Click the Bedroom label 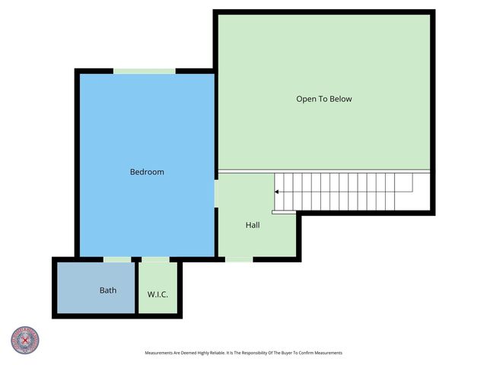(x=147, y=172)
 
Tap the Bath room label (x=108, y=290)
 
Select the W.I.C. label (x=158, y=294)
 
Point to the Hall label (x=253, y=225)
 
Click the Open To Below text (x=324, y=99)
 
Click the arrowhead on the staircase (x=277, y=192)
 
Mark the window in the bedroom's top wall (x=145, y=71)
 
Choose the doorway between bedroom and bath (x=117, y=259)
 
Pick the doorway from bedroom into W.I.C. (x=155, y=259)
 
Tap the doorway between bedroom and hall (x=215, y=193)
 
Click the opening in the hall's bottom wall (x=239, y=259)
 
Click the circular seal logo (x=25, y=340)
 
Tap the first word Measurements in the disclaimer (x=161, y=353)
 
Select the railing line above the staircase (x=324, y=170)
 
